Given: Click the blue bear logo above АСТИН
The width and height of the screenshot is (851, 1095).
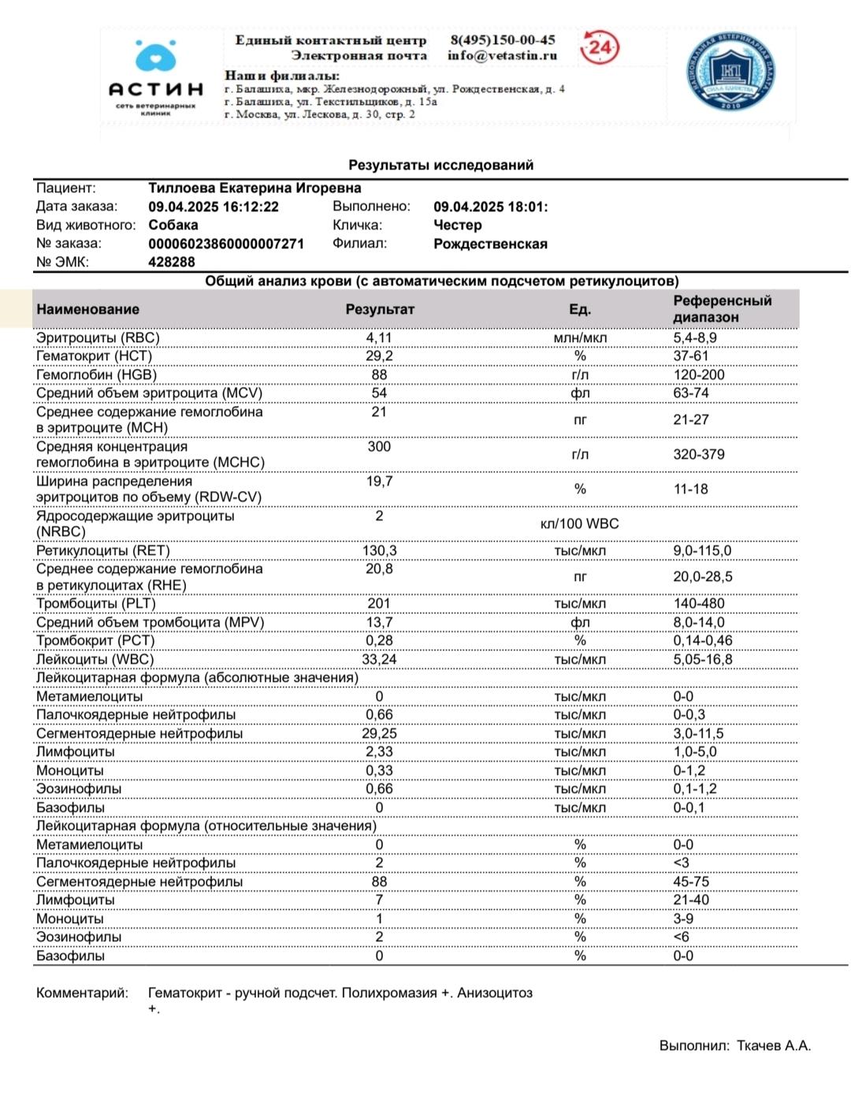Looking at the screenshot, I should click(155, 57).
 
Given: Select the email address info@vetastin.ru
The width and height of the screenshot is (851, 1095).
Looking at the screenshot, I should click(502, 55).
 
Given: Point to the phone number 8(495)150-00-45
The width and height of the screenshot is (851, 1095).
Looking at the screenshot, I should click(503, 39).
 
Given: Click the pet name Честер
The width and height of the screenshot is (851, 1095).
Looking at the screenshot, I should click(457, 225).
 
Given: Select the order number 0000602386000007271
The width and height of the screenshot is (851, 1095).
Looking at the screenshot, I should click(226, 244).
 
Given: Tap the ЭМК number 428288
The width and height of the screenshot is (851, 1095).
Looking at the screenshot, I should click(172, 262).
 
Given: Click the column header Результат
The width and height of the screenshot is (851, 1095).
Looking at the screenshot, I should click(379, 309).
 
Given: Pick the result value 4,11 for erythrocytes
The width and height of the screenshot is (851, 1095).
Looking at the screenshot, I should click(379, 337).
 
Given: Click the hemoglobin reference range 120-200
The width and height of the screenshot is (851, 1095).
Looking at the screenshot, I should click(698, 374).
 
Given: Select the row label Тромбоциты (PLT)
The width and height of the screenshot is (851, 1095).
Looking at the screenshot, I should click(96, 603).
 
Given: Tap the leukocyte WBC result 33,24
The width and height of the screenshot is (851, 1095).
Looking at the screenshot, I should click(379, 659).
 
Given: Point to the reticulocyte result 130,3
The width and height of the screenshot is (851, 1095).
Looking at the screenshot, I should click(379, 550).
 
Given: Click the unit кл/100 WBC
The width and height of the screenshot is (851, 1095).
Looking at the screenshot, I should click(579, 523).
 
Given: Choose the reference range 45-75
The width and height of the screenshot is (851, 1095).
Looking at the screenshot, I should click(690, 881).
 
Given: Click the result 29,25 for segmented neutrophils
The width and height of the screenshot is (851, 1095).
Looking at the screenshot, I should click(379, 733).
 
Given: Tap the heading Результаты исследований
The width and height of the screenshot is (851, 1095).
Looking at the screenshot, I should click(440, 165).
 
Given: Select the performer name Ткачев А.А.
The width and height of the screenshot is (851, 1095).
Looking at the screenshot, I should click(773, 1045).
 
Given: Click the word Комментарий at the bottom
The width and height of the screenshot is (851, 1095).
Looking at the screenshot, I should click(81, 993).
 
